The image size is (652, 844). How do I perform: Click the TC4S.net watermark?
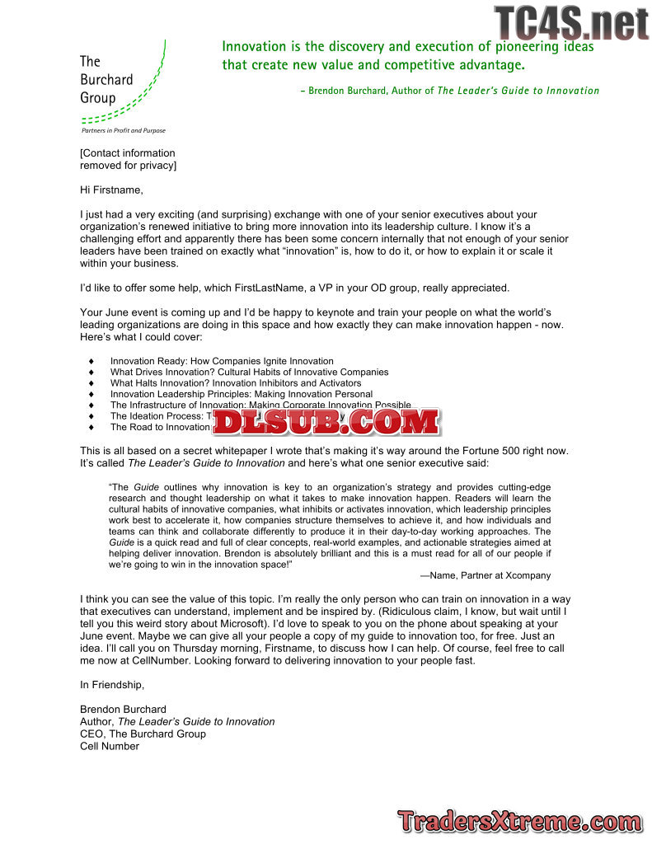pos(571,22)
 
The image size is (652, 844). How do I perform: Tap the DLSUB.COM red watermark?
pos(326,422)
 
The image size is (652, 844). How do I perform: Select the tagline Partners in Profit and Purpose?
pos(123,130)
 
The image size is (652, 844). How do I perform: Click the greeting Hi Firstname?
pos(111,190)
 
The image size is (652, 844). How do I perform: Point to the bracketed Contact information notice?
pos(128,159)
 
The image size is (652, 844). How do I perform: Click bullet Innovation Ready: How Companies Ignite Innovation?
pos(222,361)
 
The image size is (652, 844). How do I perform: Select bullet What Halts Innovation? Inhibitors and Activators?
pos(236,383)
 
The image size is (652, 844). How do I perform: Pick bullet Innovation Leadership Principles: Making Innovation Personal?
pos(242,394)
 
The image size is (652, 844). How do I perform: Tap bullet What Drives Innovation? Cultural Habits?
pos(249,372)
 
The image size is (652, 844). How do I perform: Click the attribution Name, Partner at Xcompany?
pos(485,575)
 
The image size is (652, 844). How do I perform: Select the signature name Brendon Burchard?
pos(123,709)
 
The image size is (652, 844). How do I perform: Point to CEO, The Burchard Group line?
pos(143,734)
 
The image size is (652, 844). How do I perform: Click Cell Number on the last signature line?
pos(110,746)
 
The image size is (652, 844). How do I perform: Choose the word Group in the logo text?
pos(97,98)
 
